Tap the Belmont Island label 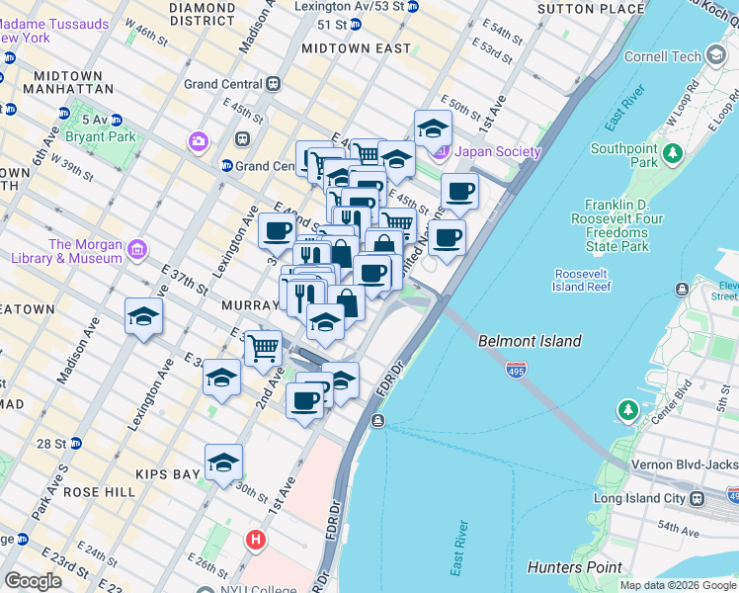point(530,342)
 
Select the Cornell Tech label point(661,57)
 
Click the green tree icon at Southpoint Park point(673,153)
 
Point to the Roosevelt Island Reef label point(582,280)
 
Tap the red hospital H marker point(256,540)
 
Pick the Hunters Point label point(575,567)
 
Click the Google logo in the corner point(33,581)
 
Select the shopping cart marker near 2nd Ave point(263,348)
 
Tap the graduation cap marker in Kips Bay point(223,462)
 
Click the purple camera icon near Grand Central point(200,142)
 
